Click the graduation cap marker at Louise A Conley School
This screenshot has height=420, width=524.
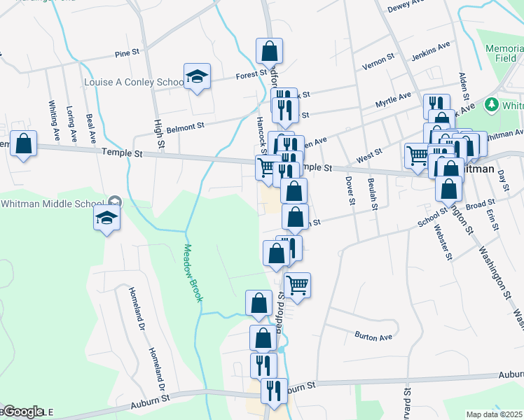coord(198,76)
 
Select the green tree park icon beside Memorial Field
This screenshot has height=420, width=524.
coord(492,105)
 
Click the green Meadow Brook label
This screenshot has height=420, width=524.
coord(193,272)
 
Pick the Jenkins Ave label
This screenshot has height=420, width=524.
coord(433,49)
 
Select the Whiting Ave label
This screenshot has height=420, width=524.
coord(53,112)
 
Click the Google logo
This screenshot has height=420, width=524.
coord(22,412)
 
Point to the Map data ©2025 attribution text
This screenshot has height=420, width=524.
coord(494,414)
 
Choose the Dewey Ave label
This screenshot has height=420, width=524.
coord(407,7)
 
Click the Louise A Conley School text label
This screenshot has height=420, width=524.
coord(134,82)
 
